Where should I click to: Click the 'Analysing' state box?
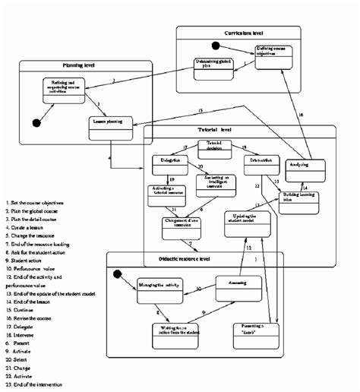pyautogui.click(x=302, y=166)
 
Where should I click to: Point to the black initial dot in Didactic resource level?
pyautogui.click(x=117, y=274)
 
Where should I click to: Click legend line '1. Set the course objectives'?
pyautogui.click(x=36, y=203)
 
